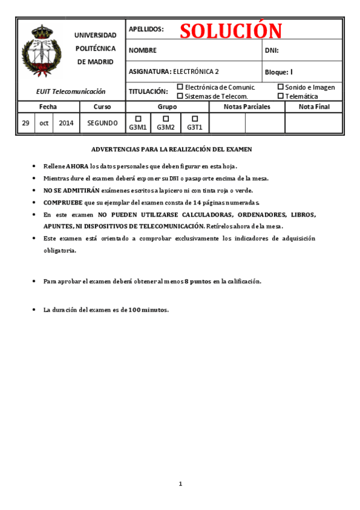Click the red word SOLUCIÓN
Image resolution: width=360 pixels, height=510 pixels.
(231, 30)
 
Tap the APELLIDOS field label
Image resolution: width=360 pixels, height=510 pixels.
(146, 29)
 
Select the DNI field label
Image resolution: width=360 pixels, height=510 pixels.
(272, 51)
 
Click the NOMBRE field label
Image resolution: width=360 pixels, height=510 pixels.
(142, 51)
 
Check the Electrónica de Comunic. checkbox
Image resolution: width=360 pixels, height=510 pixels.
(180, 87)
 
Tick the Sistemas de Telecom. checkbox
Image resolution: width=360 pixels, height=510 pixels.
(180, 96)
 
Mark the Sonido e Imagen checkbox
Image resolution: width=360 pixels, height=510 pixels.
(280, 87)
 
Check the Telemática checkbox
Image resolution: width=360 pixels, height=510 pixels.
(280, 96)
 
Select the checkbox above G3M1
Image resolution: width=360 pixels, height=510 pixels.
(138, 118)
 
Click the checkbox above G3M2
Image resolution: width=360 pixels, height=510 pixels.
(166, 118)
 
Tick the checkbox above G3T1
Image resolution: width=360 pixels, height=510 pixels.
(194, 118)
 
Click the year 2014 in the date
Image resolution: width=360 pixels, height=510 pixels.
(66, 123)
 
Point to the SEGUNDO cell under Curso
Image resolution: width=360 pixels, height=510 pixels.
(102, 123)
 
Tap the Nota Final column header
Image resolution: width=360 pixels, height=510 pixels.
(314, 106)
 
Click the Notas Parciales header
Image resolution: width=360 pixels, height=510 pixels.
(246, 106)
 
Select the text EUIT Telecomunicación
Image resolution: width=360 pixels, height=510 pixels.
(70, 91)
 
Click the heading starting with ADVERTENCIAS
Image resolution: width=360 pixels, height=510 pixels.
(171, 149)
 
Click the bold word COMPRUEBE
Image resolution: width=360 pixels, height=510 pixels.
(63, 202)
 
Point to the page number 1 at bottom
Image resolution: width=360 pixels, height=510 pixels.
(180, 484)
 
